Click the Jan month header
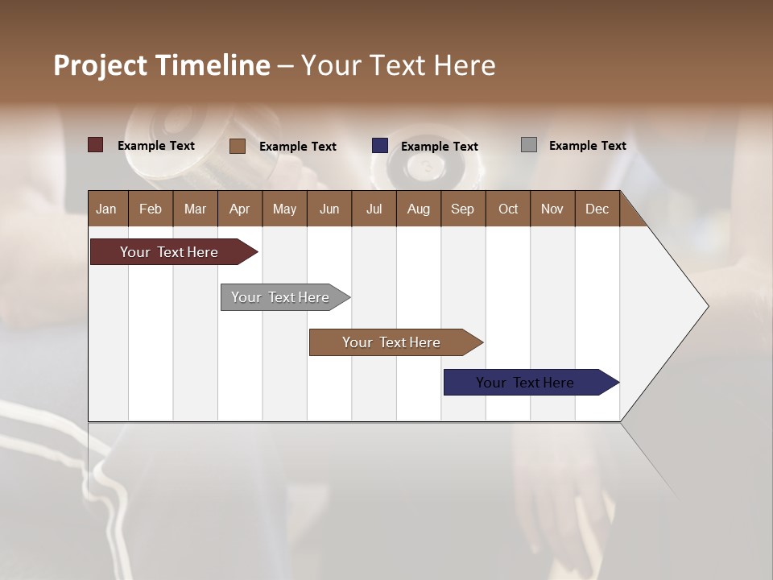tap(107, 209)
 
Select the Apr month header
tap(240, 209)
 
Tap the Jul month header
tap(374, 209)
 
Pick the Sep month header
tap(463, 209)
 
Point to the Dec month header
tap(597, 209)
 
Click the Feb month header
tap(151, 209)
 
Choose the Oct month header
tap(508, 209)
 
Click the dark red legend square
tap(96, 145)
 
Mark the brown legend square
tap(238, 146)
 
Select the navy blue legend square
tap(380, 146)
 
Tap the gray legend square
tap(529, 145)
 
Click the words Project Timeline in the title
tap(162, 65)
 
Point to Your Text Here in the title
tap(398, 65)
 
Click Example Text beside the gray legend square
tap(587, 146)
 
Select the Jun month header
tap(329, 209)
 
